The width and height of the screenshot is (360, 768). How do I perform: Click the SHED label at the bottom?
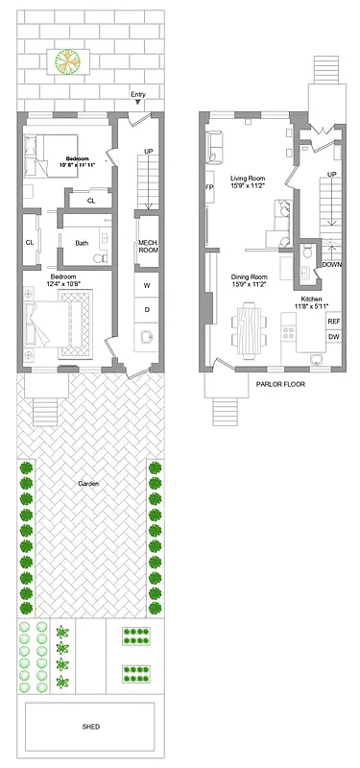[x=91, y=727]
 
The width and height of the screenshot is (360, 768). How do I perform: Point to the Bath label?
[x=83, y=243]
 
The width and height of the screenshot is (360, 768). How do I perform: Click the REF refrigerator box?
[x=333, y=321]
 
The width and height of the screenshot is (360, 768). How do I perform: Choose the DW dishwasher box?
[x=333, y=337]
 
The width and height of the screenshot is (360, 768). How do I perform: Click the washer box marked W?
[x=147, y=286]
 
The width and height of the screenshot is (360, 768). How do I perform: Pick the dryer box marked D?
[x=147, y=309]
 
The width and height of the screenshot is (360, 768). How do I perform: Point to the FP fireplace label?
[x=208, y=188]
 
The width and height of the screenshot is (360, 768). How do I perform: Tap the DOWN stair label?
[x=331, y=264]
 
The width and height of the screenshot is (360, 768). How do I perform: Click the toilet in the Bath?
[x=99, y=259]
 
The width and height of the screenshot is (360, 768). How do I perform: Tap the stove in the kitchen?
[x=287, y=333]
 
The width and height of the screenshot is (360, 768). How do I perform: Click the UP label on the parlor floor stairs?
[x=331, y=175]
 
